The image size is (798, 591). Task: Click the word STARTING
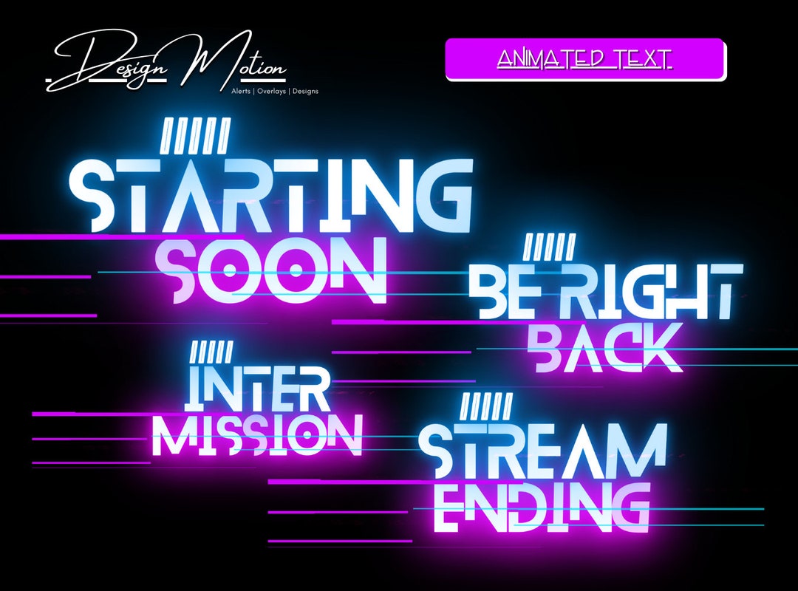[x=270, y=194]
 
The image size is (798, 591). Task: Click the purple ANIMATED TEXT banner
[x=584, y=59]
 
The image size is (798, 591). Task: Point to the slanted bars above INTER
[x=211, y=352]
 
